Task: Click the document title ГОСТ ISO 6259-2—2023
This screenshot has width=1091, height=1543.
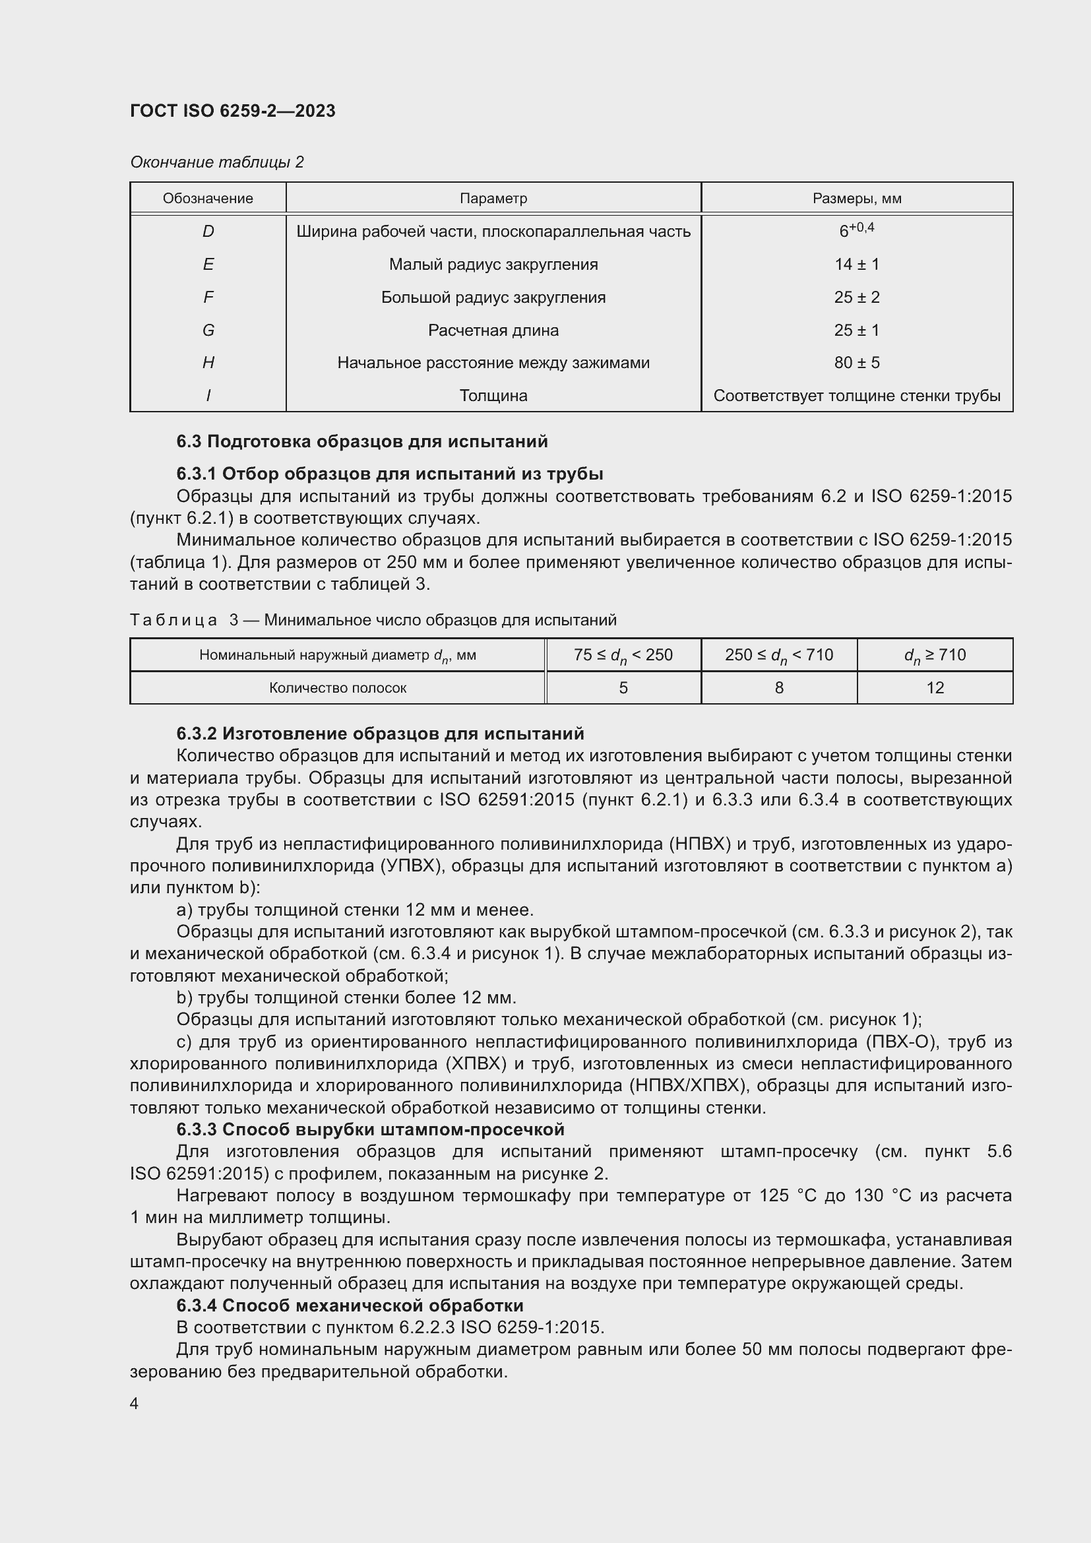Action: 232,111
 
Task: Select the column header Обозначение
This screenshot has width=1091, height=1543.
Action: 208,199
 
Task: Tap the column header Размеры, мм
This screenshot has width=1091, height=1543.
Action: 857,199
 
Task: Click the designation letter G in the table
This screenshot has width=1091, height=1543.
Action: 208,331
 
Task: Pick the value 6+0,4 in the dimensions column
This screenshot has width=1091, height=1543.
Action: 857,230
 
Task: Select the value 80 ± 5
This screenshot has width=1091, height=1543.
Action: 857,363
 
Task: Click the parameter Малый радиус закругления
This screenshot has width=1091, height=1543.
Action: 493,265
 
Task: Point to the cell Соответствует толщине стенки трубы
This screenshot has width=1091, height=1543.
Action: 857,396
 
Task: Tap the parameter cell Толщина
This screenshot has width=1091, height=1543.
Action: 493,396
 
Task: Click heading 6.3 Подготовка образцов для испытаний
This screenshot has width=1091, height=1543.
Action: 362,441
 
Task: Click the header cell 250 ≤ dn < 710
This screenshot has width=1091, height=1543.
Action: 778,654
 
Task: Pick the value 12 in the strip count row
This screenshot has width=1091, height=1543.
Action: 935,687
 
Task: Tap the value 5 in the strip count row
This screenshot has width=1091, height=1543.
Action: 623,687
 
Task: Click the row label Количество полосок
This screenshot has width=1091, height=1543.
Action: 337,687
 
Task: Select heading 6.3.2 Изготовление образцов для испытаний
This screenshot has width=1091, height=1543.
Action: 380,733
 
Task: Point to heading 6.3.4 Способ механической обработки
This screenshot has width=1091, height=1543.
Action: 350,1305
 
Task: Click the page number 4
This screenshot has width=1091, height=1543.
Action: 135,1403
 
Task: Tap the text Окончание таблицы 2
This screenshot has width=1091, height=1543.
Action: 217,162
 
